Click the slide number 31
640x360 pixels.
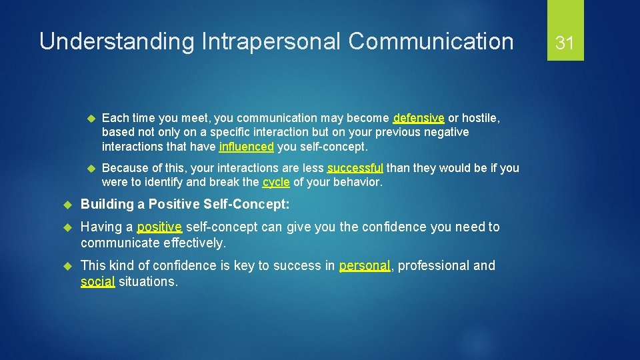565,43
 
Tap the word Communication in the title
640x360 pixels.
431,42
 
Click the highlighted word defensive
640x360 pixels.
419,118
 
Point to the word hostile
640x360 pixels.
482,118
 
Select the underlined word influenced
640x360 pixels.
246,146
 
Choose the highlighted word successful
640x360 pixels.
355,168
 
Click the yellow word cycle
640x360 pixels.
276,182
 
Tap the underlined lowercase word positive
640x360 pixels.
159,227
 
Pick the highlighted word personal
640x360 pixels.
364,266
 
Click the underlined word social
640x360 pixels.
97,282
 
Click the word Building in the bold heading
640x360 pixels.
107,204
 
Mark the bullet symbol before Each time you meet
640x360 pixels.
91,119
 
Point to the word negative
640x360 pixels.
447,132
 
